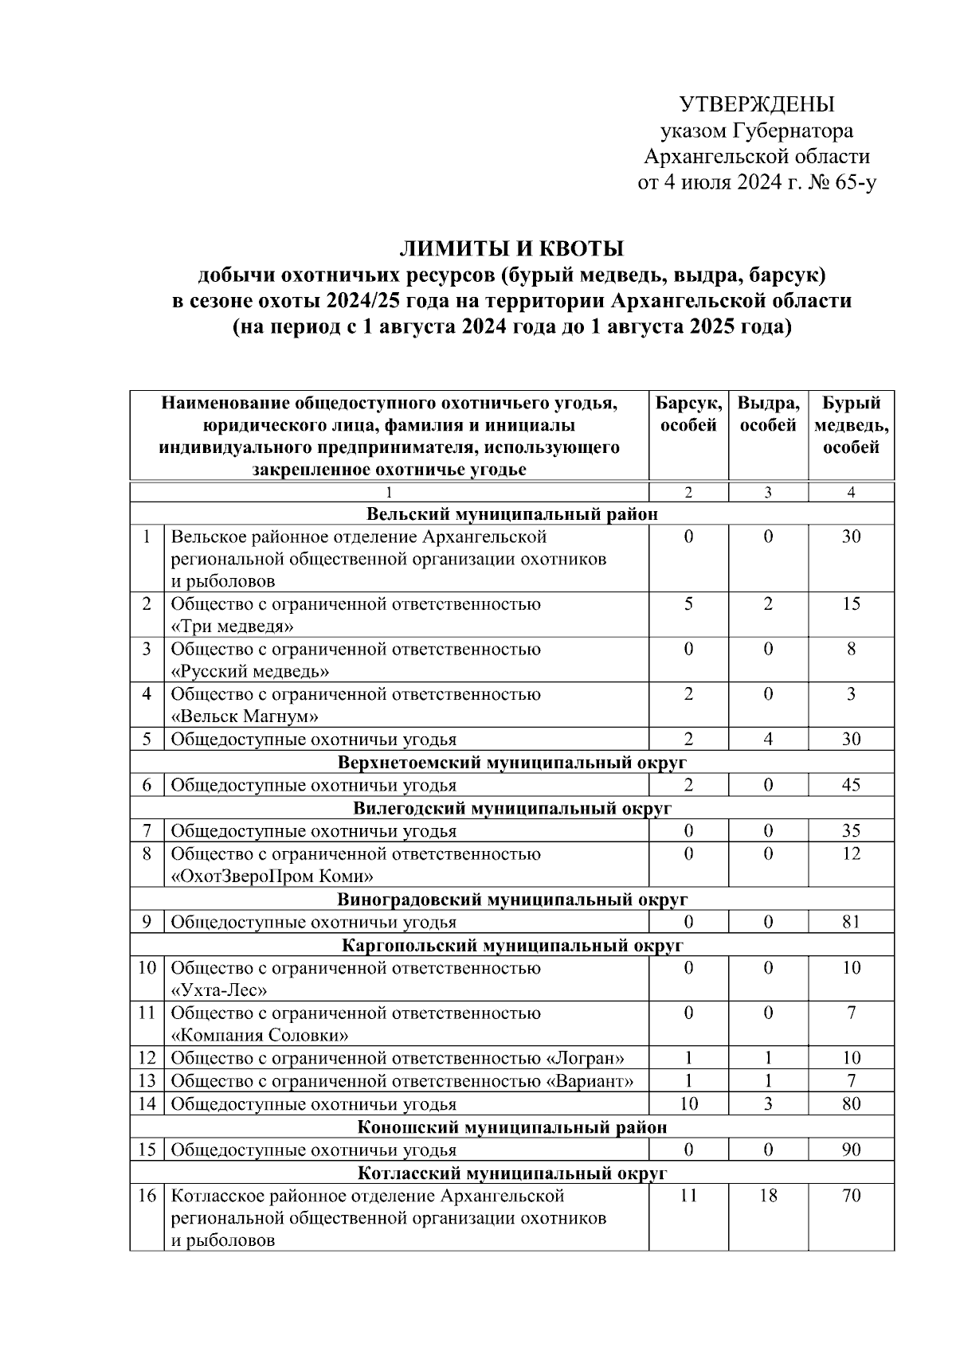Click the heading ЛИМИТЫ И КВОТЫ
tap(511, 249)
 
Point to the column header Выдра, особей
tap(768, 414)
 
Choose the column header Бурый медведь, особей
tap(851, 425)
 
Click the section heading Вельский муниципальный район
tap(512, 513)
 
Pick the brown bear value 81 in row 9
tap(851, 922)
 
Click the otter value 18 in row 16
tap(768, 1196)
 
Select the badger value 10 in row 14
tap(688, 1104)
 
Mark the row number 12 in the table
tap(147, 1058)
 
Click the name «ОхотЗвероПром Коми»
tap(272, 877)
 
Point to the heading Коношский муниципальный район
tap(512, 1127)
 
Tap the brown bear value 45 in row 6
tap(851, 785)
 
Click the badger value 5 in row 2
tap(688, 603)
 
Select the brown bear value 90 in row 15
tap(851, 1150)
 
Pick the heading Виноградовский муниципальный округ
tap(512, 900)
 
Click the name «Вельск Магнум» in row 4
tap(245, 716)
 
